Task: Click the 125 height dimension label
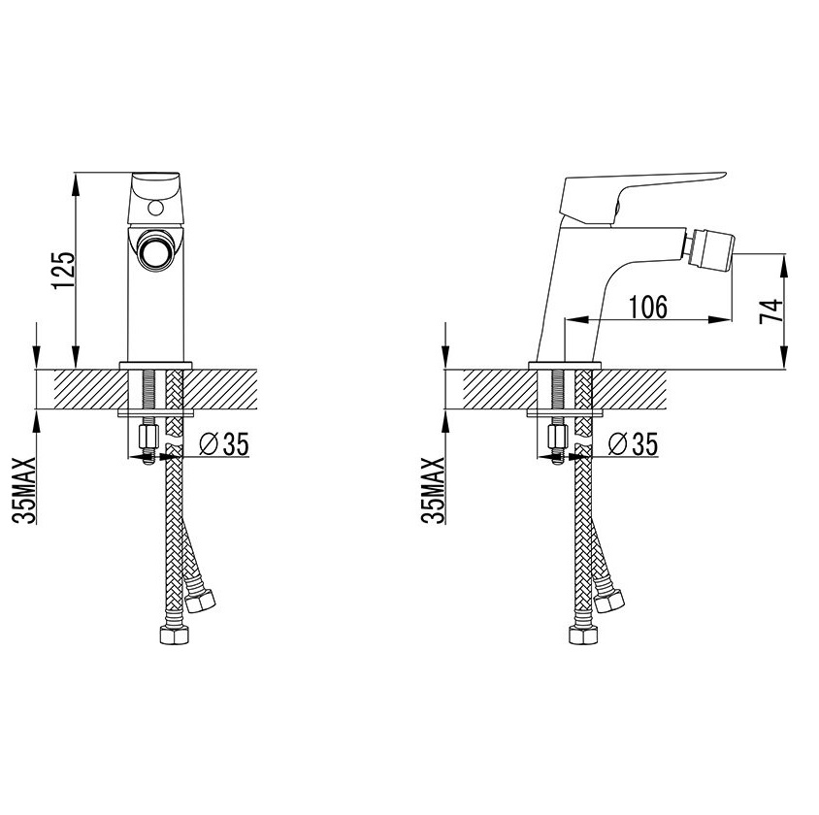point(63,271)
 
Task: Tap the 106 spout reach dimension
point(647,307)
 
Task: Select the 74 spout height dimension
point(771,311)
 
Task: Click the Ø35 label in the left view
point(224,444)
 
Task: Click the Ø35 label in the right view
point(633,444)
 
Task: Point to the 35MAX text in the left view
point(24,490)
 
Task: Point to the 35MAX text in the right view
point(433,490)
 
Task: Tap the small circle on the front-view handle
point(155,209)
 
